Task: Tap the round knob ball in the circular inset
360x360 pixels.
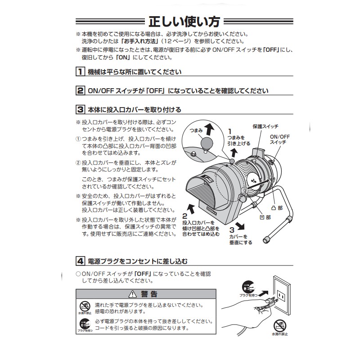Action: point(207,144)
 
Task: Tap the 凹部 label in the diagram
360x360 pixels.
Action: point(265,217)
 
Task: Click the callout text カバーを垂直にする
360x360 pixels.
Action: point(240,239)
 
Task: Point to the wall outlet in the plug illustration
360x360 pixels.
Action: point(280,296)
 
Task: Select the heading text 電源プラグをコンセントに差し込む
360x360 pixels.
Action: point(135,261)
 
